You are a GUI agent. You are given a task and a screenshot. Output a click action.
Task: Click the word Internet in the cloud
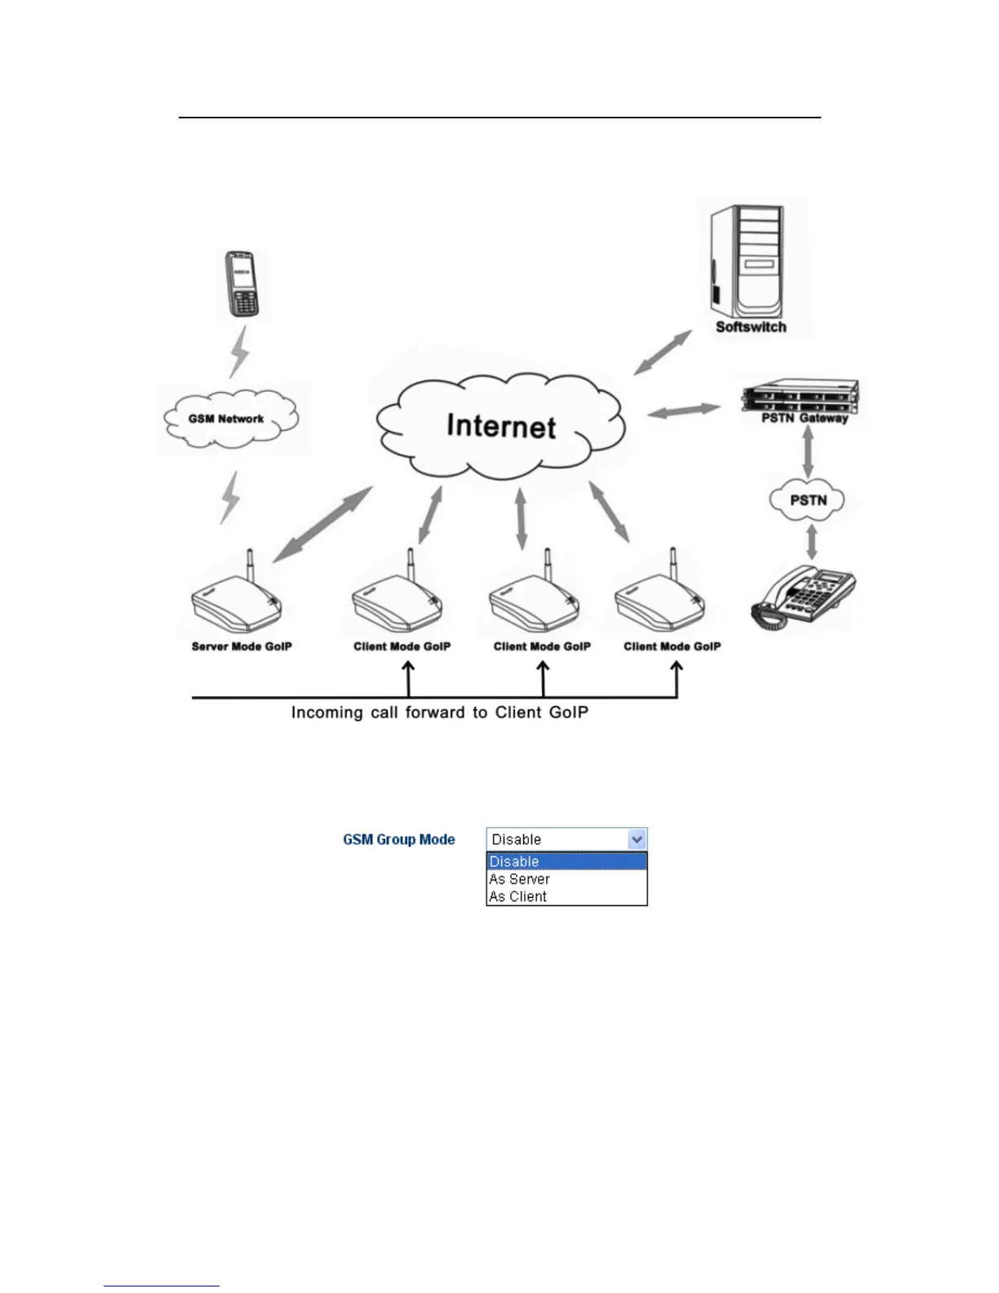coord(501,426)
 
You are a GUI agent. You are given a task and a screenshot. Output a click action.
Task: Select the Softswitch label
coord(751,327)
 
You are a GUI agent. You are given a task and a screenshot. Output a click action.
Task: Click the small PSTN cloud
coord(808,500)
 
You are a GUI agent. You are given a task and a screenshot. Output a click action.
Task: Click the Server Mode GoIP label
coord(242,646)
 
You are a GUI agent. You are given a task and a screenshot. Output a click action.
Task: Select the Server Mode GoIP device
coord(237,600)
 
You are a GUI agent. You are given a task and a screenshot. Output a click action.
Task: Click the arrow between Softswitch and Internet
coord(662,352)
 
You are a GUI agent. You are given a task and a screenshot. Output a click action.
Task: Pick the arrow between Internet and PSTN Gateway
coord(684,411)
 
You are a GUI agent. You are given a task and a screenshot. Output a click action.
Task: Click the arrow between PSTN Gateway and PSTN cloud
coord(808,453)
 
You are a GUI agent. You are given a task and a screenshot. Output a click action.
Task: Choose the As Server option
coord(520,879)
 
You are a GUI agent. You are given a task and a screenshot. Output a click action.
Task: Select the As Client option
coord(518,896)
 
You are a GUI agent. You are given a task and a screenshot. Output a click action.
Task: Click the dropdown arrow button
coord(637,839)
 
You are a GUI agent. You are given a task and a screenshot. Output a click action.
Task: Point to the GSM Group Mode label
coord(399,839)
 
